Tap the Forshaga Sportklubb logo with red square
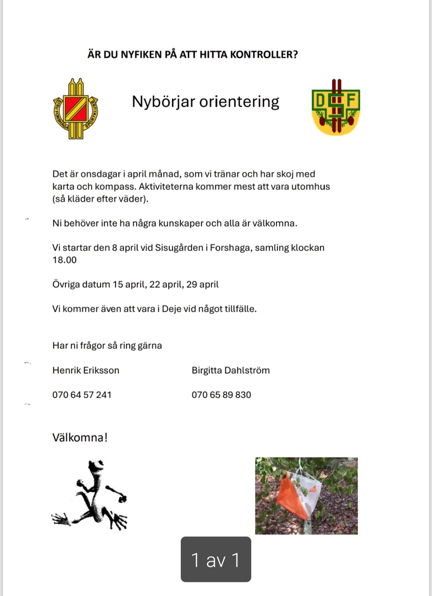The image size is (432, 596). pos(76,109)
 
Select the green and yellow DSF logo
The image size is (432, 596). pos(336,107)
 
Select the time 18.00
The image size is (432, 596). pos(64,260)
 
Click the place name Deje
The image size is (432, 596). pos(172,309)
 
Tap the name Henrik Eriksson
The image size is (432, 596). pos(86,370)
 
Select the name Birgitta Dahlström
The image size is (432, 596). pos(231,370)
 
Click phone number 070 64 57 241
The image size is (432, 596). pos(82,395)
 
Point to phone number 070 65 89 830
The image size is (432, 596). pos(221,395)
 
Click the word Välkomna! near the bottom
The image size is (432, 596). pos(80,437)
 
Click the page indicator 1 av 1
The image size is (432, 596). pos(216,560)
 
